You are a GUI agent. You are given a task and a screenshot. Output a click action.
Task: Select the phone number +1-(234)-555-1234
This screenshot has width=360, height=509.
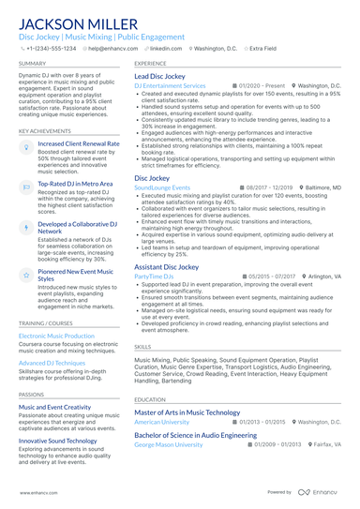click(x=52, y=47)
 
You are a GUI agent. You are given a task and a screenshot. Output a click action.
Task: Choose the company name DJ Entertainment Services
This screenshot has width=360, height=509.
click(x=170, y=85)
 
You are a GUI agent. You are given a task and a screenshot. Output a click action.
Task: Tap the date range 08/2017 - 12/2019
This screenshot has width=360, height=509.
click(x=272, y=187)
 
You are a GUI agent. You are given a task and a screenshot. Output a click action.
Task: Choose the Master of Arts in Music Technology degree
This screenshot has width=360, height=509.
click(x=187, y=412)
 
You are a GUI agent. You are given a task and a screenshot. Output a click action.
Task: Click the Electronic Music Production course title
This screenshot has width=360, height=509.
click(x=56, y=336)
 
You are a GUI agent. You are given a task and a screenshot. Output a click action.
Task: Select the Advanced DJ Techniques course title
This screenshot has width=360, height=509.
click(x=52, y=362)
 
